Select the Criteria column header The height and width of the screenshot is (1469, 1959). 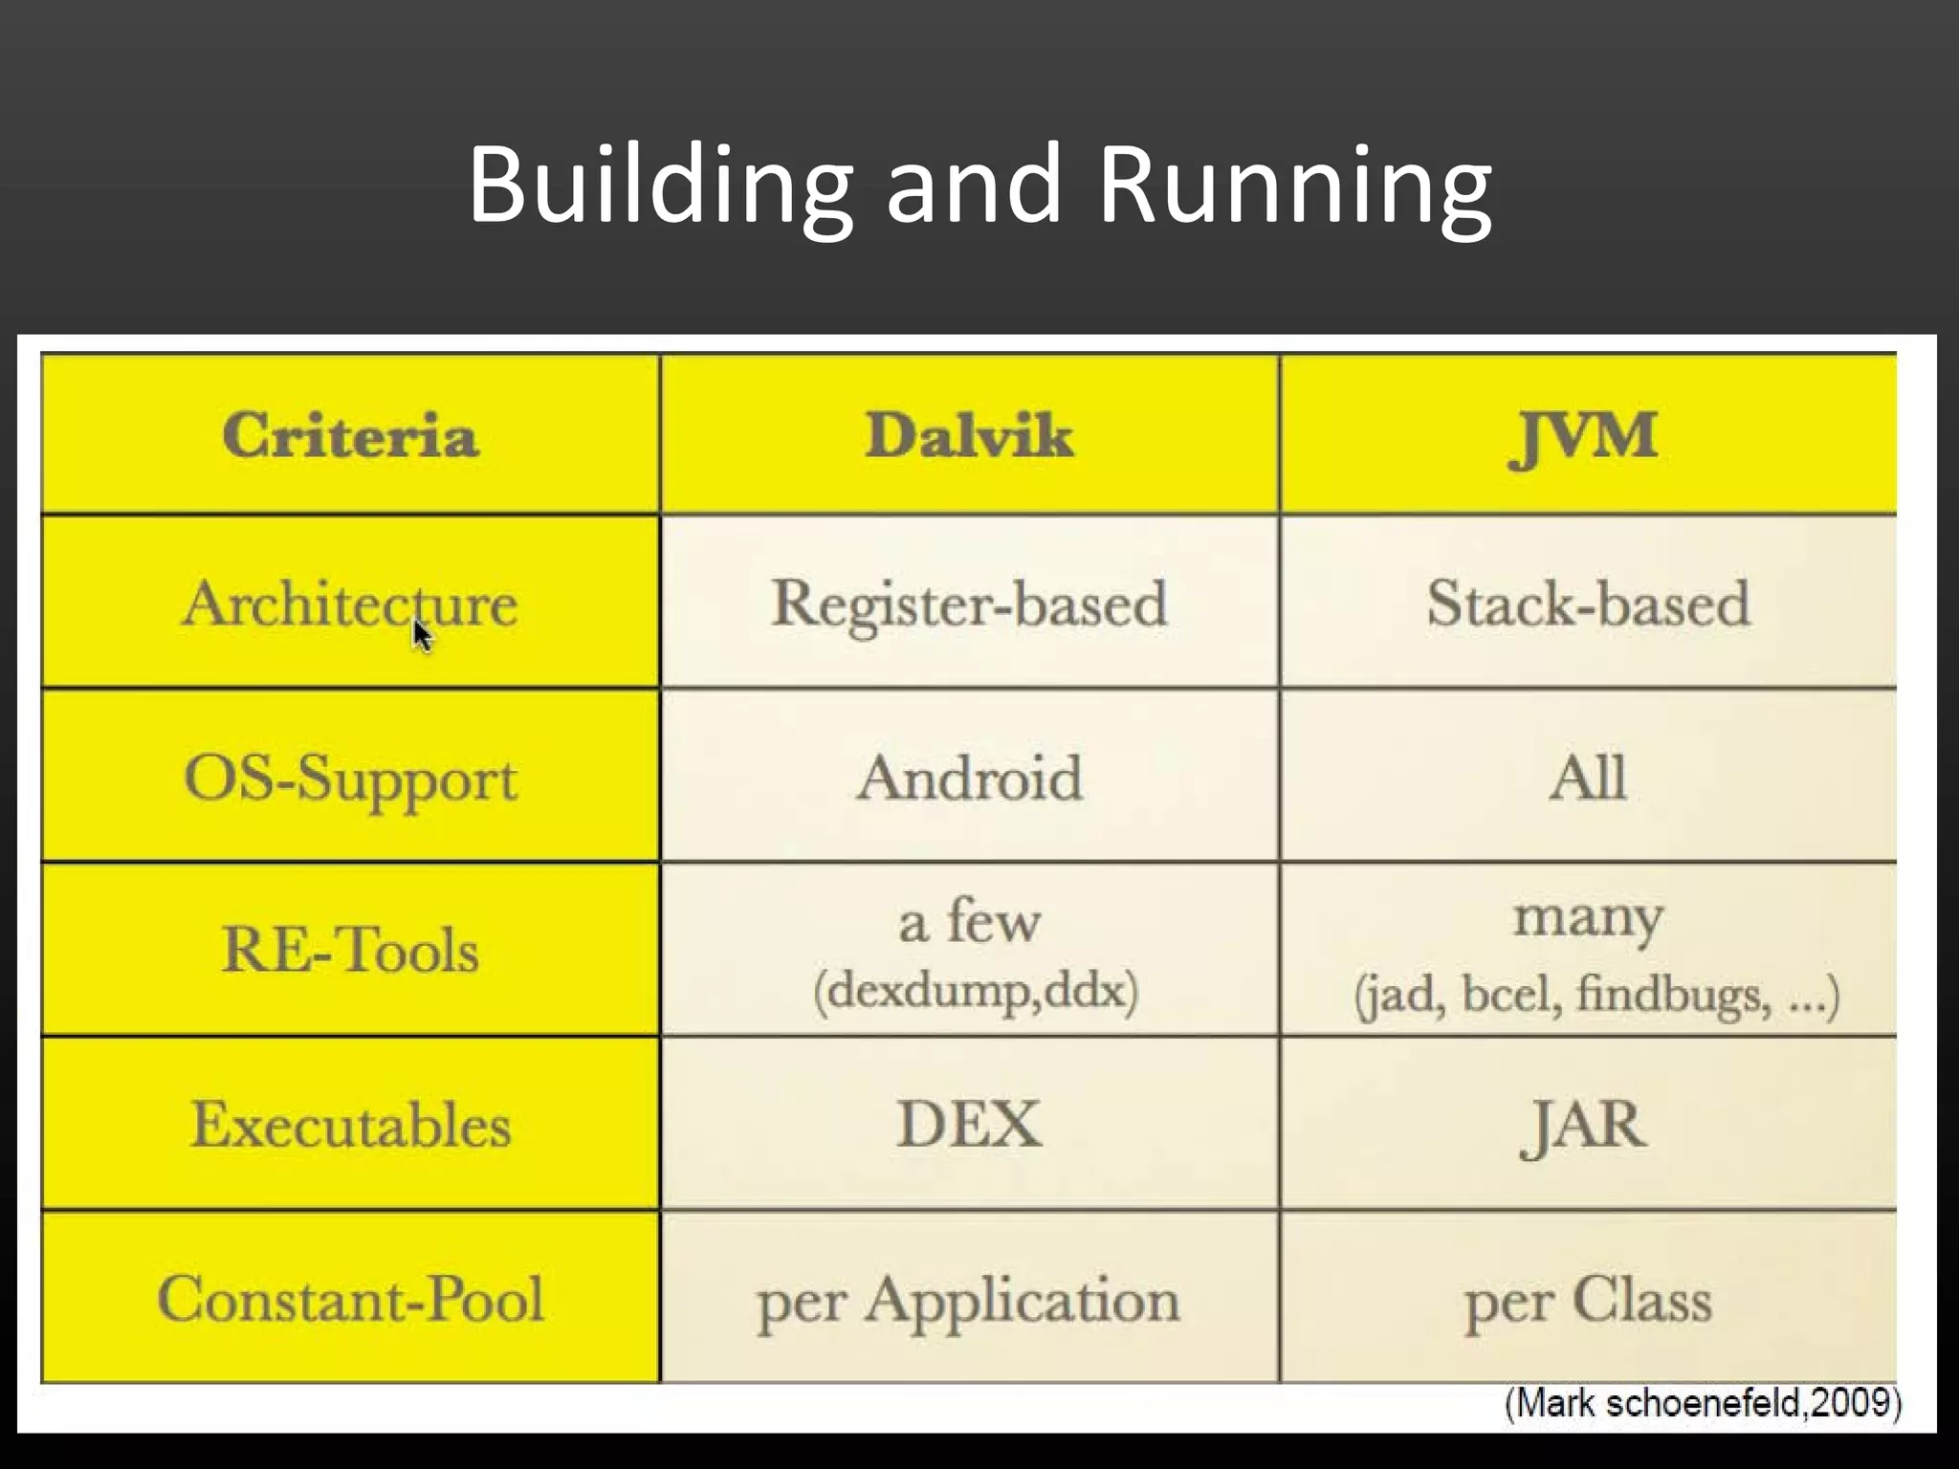pyautogui.click(x=350, y=436)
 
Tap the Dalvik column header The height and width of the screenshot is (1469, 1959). pyautogui.click(x=969, y=436)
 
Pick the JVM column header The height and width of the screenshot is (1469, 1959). pyautogui.click(x=1584, y=436)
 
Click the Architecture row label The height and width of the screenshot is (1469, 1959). pyautogui.click(x=350, y=603)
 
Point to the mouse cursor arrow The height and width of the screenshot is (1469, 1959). pyautogui.click(x=422, y=635)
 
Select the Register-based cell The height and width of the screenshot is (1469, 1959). pyautogui.click(x=969, y=603)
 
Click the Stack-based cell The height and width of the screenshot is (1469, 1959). pyautogui.click(x=1588, y=603)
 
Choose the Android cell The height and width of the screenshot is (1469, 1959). pyautogui.click(x=969, y=777)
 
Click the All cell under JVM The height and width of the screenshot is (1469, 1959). pyautogui.click(x=1588, y=777)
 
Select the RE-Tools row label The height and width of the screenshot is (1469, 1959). pyautogui.click(x=350, y=951)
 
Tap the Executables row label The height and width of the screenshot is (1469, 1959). pyautogui.click(x=350, y=1125)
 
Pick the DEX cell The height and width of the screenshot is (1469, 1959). pyautogui.click(x=969, y=1125)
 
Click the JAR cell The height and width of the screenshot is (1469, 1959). pyautogui.click(x=1584, y=1125)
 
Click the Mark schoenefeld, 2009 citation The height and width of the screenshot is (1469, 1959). pyautogui.click(x=1703, y=1403)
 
